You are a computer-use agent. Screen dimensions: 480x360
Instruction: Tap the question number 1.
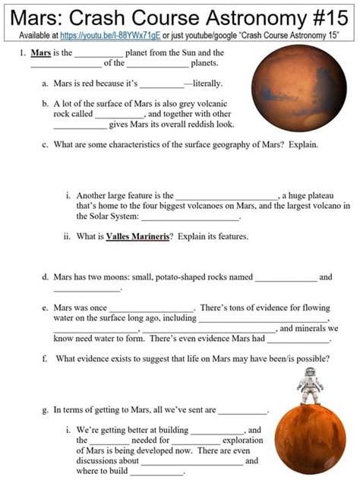(23, 52)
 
